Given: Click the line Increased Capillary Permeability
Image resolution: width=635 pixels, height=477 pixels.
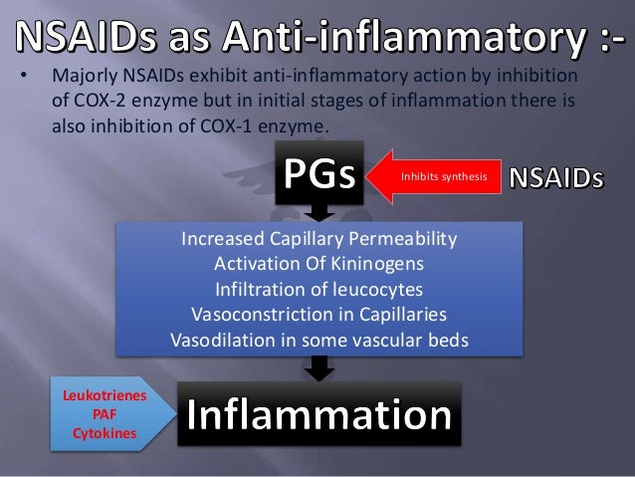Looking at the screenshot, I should (318, 240).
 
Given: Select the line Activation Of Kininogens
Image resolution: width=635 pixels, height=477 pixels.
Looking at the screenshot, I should (318, 264).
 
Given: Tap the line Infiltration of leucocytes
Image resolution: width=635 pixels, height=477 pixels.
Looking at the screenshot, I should (318, 289).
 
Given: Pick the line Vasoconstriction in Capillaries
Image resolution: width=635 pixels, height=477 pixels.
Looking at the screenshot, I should (318, 314).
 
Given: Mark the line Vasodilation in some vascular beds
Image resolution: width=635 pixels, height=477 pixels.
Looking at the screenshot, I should (318, 339).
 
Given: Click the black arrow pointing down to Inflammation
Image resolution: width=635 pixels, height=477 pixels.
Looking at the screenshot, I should (318, 369).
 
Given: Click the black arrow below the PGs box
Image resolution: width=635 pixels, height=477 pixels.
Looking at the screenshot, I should (318, 212).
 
